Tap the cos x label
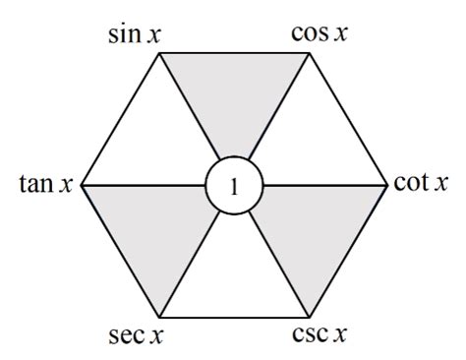pos(320,32)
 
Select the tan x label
pos(46,184)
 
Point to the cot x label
pos(421,184)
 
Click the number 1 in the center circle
pos(234,185)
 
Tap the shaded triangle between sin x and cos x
pos(234,98)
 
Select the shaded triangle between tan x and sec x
pos(157,228)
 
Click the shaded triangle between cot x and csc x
pos(310,228)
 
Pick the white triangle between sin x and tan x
pos(157,141)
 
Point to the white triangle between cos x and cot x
pos(310,141)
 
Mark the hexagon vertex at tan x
pos(82,185)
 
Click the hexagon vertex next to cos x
pos(310,52)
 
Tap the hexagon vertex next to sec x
pos(158,317)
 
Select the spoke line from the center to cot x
pos(324,185)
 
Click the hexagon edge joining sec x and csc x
pos(234,317)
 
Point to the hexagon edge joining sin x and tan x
pos(120,118)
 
